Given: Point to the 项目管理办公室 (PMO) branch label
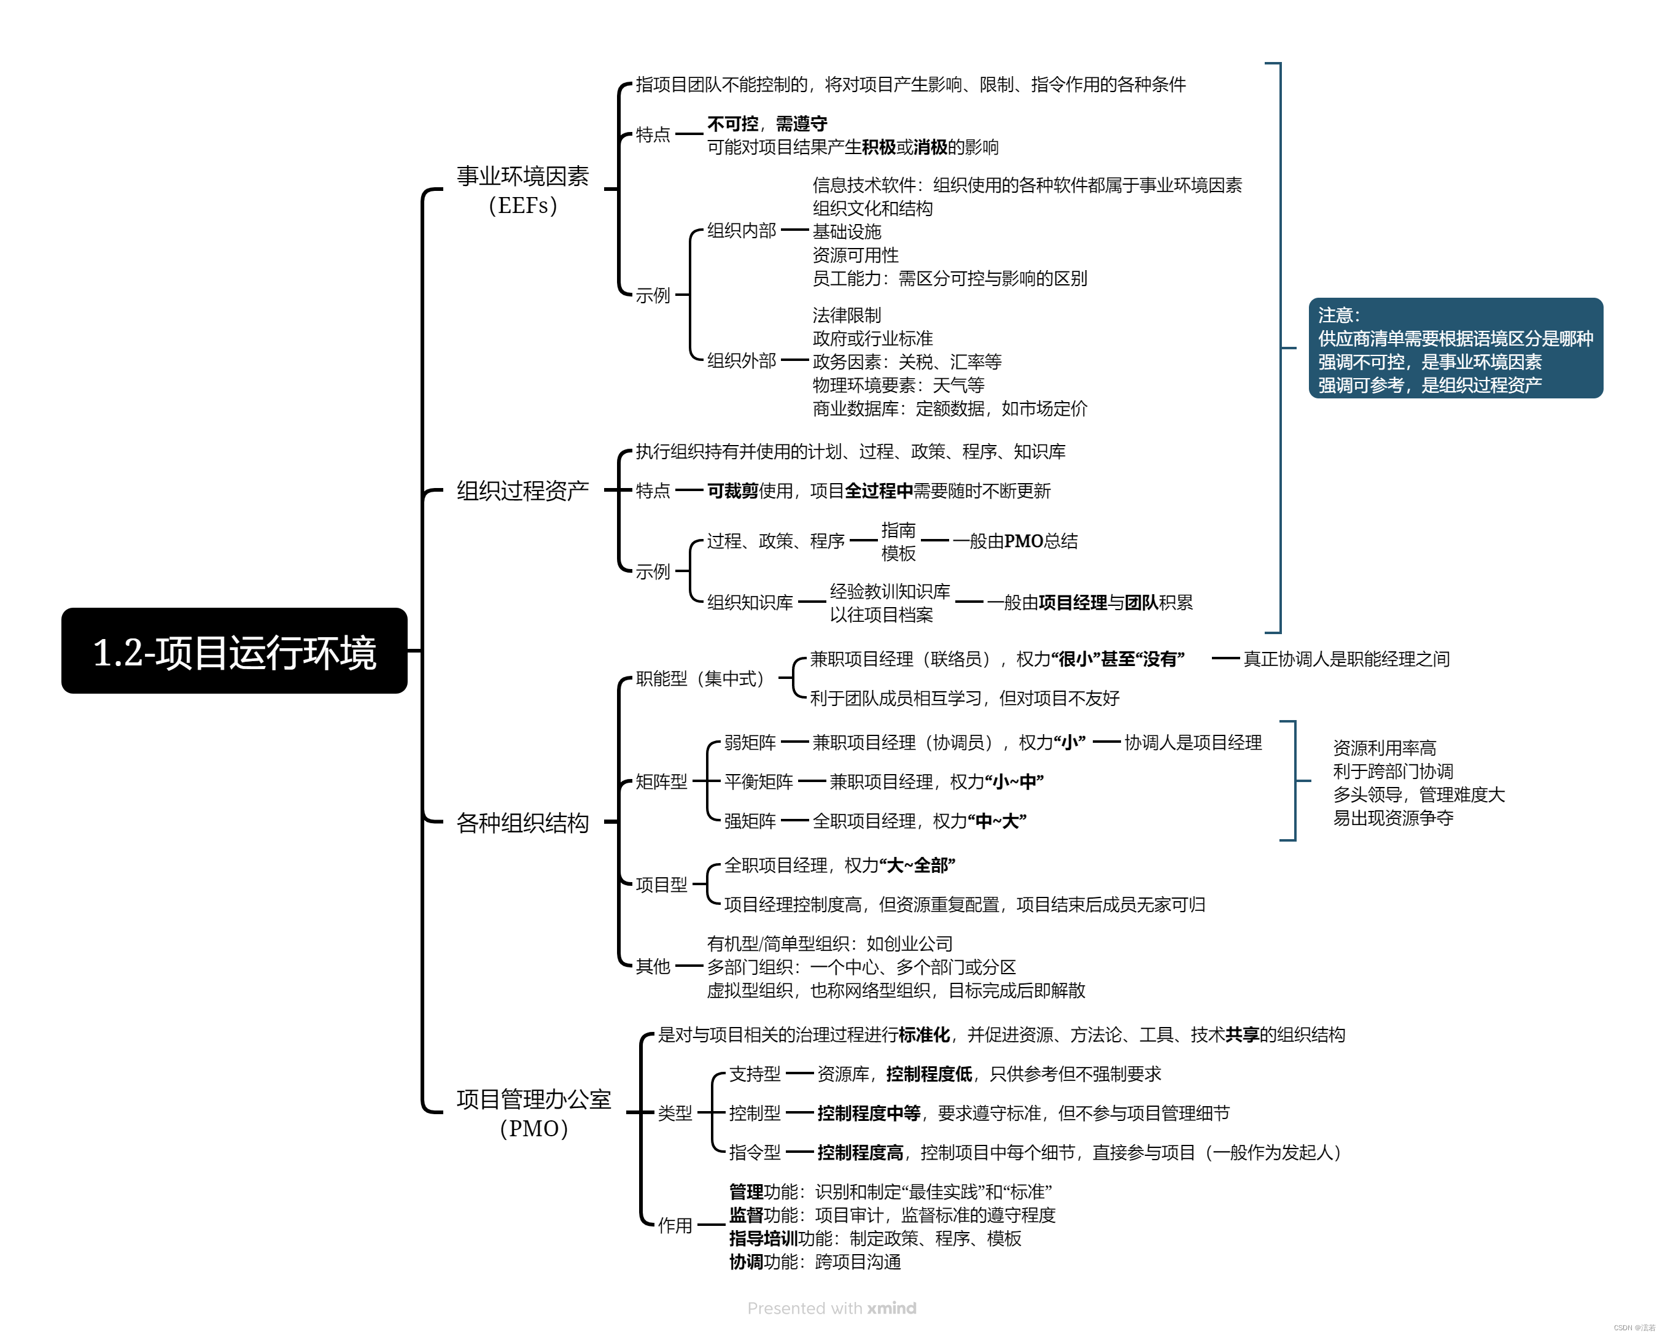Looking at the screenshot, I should tap(533, 1113).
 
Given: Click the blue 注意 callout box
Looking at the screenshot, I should tap(1455, 348).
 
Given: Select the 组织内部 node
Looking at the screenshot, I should tap(742, 230).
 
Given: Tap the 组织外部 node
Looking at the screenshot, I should tap(742, 361).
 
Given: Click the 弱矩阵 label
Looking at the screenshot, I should tap(750, 742).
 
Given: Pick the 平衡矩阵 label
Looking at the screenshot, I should tap(758, 781).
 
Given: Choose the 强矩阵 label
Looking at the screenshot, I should tap(750, 821).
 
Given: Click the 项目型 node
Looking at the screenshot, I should tap(661, 885).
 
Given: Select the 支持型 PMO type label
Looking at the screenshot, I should tap(755, 1074).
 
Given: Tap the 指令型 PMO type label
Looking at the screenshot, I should tap(755, 1152).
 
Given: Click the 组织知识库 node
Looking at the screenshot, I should tap(750, 602).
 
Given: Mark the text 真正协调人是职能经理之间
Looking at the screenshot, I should tap(1346, 659).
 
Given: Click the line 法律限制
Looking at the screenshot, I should tap(847, 315).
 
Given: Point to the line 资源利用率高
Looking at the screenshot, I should tap(1384, 748).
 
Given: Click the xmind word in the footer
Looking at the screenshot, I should tap(891, 1308).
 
